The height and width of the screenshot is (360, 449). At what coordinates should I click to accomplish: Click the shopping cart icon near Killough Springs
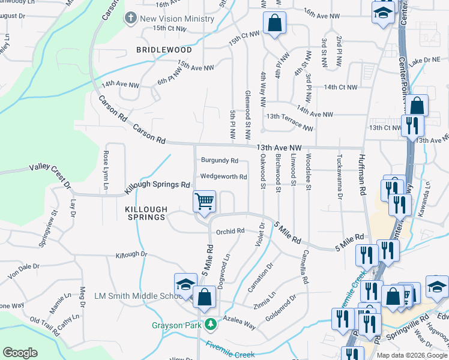(205, 201)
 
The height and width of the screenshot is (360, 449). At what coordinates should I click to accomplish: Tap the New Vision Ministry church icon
(130, 18)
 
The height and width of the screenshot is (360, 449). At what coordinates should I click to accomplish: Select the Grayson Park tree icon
(210, 325)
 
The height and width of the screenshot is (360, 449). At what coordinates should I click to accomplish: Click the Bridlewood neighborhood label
(164, 50)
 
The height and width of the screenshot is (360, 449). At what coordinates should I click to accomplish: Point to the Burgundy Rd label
(219, 161)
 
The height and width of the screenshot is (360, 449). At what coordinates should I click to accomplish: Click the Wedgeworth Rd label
(223, 176)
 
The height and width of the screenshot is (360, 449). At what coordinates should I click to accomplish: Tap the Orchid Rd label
(231, 231)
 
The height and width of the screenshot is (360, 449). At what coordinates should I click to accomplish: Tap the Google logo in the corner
(20, 353)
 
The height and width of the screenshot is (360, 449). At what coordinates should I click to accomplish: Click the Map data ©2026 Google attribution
(411, 355)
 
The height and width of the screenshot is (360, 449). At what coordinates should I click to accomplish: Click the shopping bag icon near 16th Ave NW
(274, 23)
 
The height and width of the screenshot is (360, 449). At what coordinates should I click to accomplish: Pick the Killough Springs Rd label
(157, 187)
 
